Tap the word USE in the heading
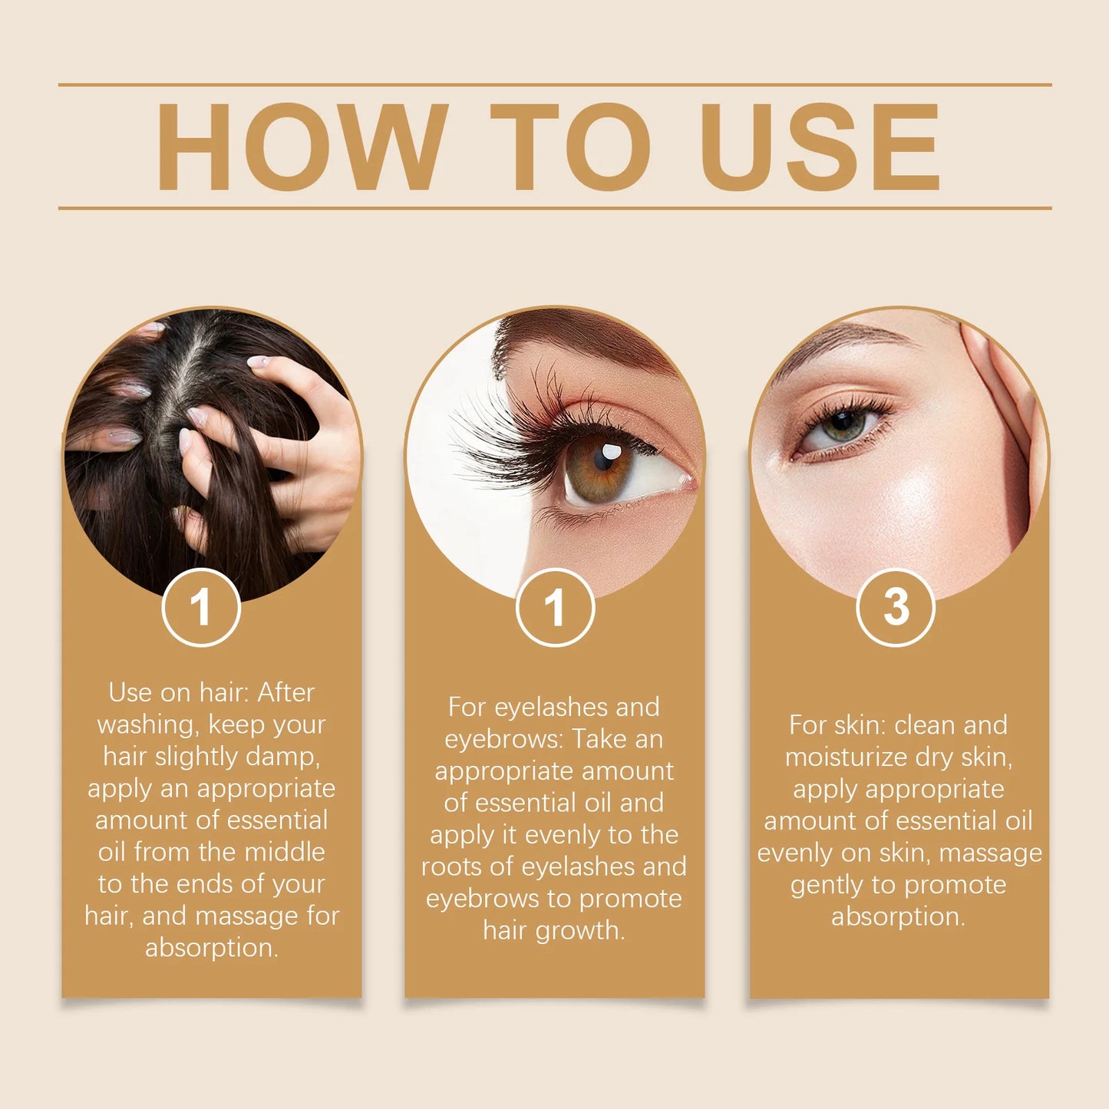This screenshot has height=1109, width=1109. [x=820, y=147]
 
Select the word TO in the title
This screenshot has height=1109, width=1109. [x=569, y=147]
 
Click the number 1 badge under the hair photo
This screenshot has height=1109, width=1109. [x=201, y=608]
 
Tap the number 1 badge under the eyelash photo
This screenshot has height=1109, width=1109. [x=555, y=608]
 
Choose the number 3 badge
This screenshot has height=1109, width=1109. [x=896, y=608]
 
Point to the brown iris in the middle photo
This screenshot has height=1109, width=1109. [x=599, y=468]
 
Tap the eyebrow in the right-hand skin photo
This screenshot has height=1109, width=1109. [x=837, y=342]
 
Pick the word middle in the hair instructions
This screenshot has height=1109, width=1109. [x=284, y=853]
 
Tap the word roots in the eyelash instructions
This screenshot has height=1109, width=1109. [x=452, y=867]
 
